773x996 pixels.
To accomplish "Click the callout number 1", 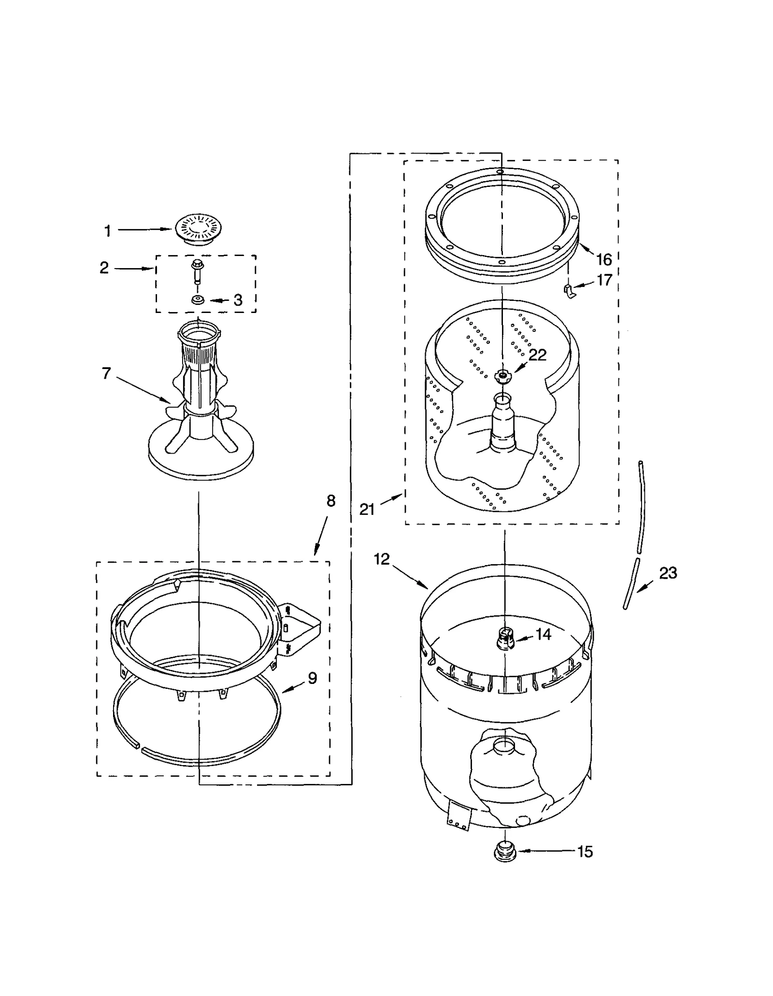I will (108, 231).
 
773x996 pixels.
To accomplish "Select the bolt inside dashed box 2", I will (198, 271).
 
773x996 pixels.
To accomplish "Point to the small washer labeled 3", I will (198, 300).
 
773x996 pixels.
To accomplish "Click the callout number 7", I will (106, 373).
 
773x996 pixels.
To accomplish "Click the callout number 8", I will (331, 501).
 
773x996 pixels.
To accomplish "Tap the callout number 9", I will (313, 678).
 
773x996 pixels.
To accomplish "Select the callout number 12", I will (382, 559).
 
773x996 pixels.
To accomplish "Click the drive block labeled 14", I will (504, 639).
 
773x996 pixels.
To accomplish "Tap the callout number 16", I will (604, 260).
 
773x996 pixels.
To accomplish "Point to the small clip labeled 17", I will (569, 291).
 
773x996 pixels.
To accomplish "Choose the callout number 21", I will (367, 509).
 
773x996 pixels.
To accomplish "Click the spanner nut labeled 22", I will (503, 376).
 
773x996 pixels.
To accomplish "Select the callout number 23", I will (668, 573).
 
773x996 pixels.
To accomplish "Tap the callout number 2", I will (104, 268).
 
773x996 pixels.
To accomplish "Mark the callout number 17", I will (604, 280).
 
